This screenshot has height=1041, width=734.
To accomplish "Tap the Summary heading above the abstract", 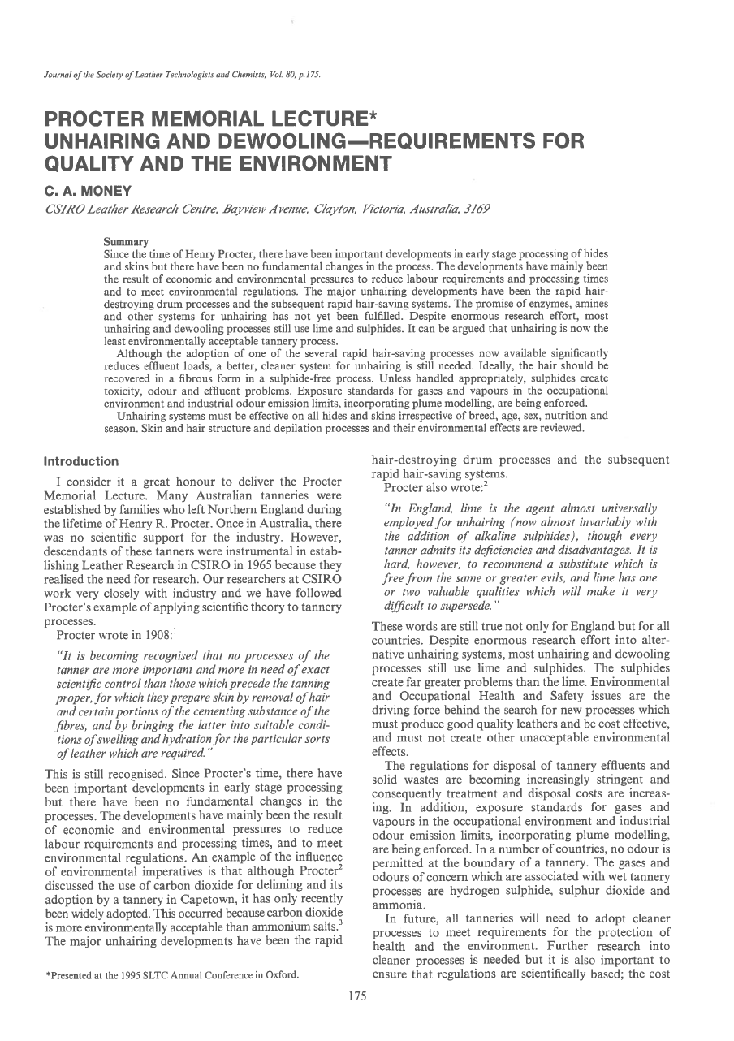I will [x=125, y=241].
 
